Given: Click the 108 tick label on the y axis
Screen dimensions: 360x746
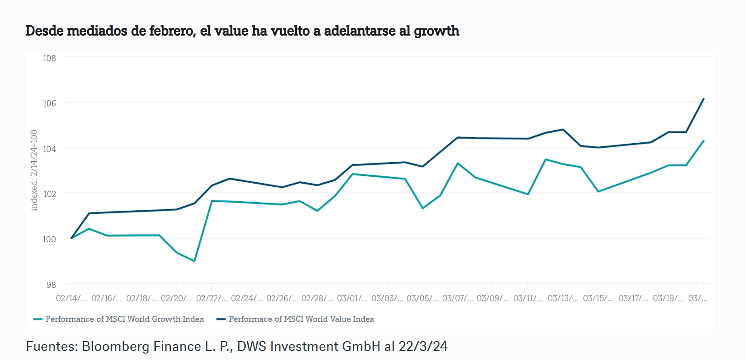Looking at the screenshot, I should click(49, 58).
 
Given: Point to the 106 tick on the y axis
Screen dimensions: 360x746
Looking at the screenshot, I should click(49, 103).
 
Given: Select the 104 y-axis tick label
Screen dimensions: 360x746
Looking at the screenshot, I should click(49, 149).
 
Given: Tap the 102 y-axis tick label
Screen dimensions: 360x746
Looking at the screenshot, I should click(49, 194).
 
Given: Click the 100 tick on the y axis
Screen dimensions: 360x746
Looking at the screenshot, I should click(49, 239).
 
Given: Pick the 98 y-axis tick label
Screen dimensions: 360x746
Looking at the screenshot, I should click(51, 285).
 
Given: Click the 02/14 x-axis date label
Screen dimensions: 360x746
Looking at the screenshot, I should click(71, 298).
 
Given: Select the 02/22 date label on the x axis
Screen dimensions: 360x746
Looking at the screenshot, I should click(211, 298).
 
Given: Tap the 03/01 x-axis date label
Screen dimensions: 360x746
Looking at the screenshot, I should click(352, 298).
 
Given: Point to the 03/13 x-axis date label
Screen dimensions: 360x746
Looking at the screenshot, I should click(563, 298).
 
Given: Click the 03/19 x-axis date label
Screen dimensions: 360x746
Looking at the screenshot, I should click(668, 298).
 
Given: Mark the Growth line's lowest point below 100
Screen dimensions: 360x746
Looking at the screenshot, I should click(194, 261).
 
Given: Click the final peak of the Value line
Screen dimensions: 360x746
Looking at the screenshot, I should click(703, 99).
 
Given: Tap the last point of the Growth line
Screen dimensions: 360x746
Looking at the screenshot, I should click(703, 141).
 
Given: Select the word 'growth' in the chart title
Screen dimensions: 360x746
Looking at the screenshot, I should click(436, 31).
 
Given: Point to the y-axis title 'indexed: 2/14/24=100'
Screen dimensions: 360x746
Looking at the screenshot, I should click(34, 170).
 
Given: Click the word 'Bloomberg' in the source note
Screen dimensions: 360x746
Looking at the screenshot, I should click(112, 346).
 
